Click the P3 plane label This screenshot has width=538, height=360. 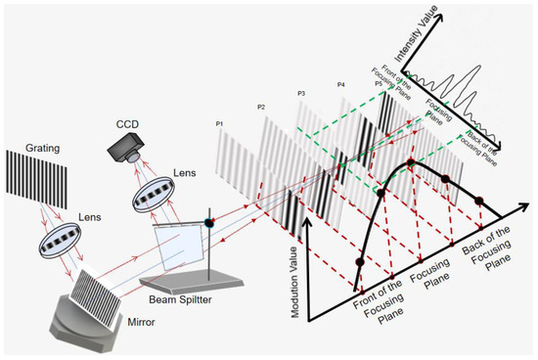300,93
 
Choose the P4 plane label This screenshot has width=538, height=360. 340,86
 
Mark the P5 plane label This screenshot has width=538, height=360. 378,85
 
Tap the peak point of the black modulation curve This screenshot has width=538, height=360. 412,162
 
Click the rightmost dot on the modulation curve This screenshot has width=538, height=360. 479,201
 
